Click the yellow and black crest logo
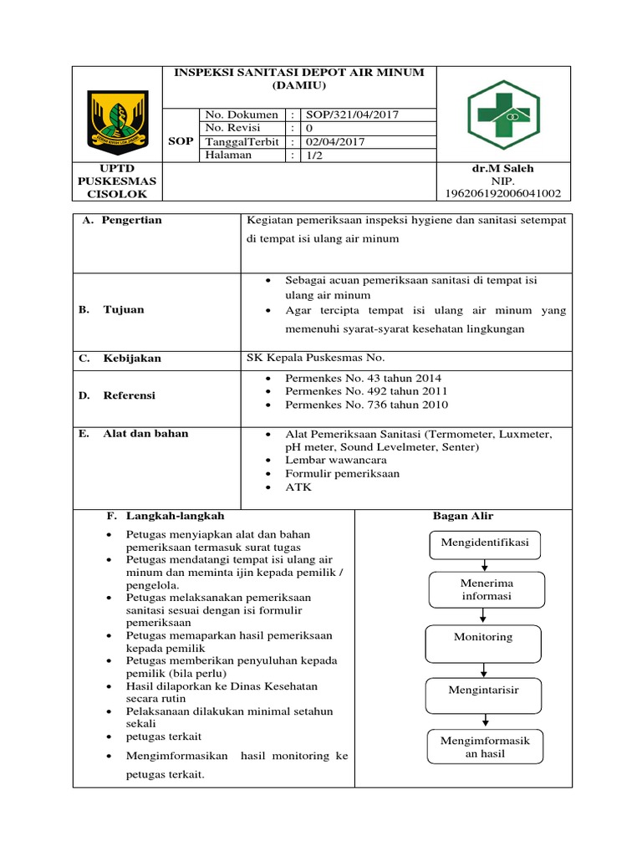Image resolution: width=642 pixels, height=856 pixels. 118,119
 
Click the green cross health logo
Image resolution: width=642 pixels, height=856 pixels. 504,115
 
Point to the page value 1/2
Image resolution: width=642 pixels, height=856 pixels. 315,155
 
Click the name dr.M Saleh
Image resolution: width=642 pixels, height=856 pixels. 502,168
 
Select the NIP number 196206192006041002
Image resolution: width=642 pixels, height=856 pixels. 503,194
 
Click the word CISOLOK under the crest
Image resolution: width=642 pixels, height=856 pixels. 117,194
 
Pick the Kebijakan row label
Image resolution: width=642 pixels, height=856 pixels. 131,359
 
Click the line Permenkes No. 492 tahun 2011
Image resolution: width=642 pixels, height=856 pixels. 366,391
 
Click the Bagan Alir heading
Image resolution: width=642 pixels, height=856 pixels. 463,516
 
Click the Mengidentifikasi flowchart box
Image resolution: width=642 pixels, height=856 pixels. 486,543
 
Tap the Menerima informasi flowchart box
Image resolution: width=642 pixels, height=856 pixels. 486,589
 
